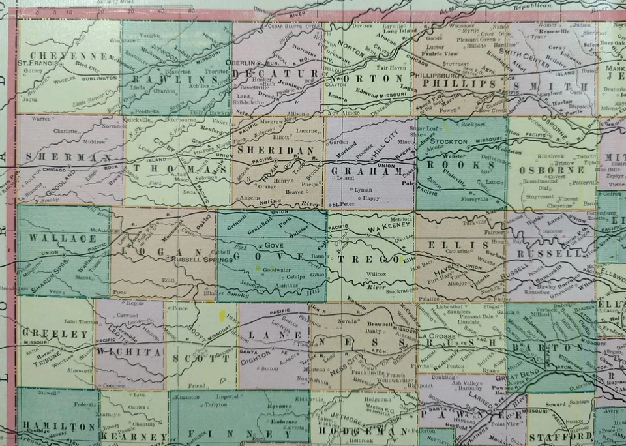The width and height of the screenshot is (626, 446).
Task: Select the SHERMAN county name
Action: [x=56, y=158]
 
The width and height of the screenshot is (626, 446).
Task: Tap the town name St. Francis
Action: [x=40, y=63]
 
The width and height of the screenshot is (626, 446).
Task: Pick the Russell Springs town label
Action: [x=192, y=259]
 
